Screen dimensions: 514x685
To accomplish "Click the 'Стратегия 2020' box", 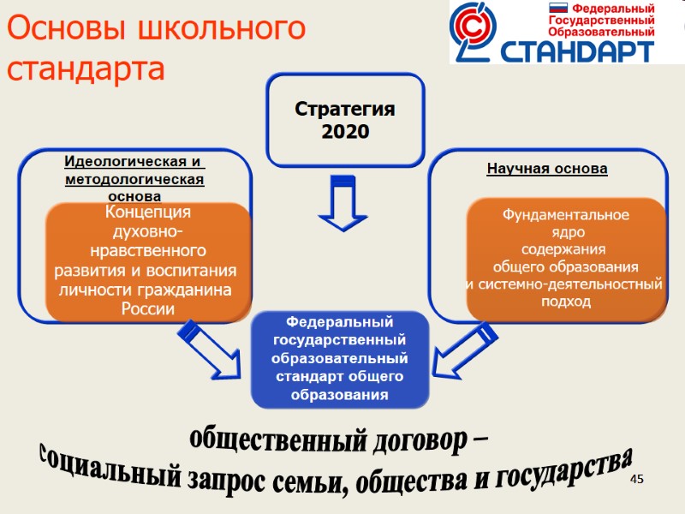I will (x=345, y=120).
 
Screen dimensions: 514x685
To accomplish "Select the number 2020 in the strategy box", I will (x=345, y=132).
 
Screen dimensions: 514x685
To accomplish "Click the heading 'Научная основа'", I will (x=546, y=169).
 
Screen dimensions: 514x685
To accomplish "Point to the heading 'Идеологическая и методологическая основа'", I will (x=134, y=178).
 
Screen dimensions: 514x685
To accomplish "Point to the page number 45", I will (x=636, y=479).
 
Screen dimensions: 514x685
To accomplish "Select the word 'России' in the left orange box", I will (x=148, y=308).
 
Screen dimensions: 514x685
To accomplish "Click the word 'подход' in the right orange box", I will (x=565, y=302).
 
